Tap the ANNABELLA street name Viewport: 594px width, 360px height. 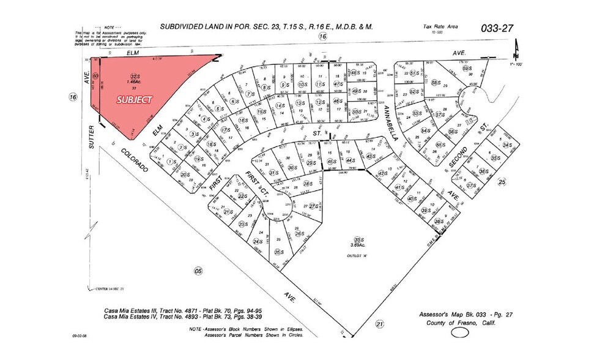pyautogui.click(x=391, y=125)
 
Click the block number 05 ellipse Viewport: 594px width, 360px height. pyautogui.click(x=197, y=270)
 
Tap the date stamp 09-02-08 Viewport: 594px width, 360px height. pyautogui.click(x=80, y=336)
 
